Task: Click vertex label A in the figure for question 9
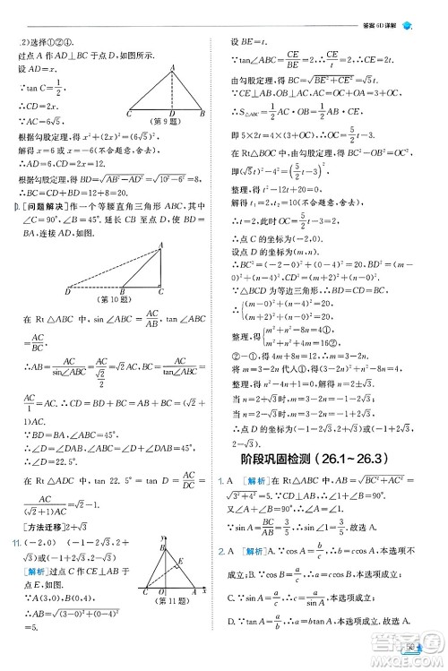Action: (169, 68)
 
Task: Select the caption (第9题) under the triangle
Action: (168, 120)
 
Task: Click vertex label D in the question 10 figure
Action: (69, 292)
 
